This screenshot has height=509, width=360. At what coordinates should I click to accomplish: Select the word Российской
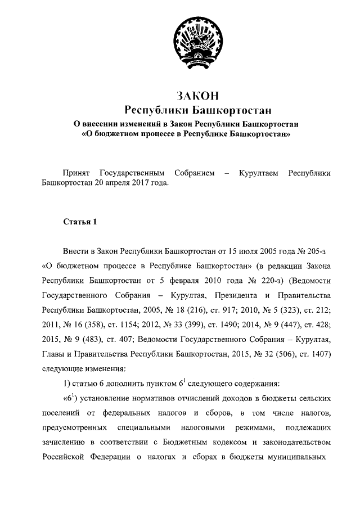[x=64, y=456]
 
